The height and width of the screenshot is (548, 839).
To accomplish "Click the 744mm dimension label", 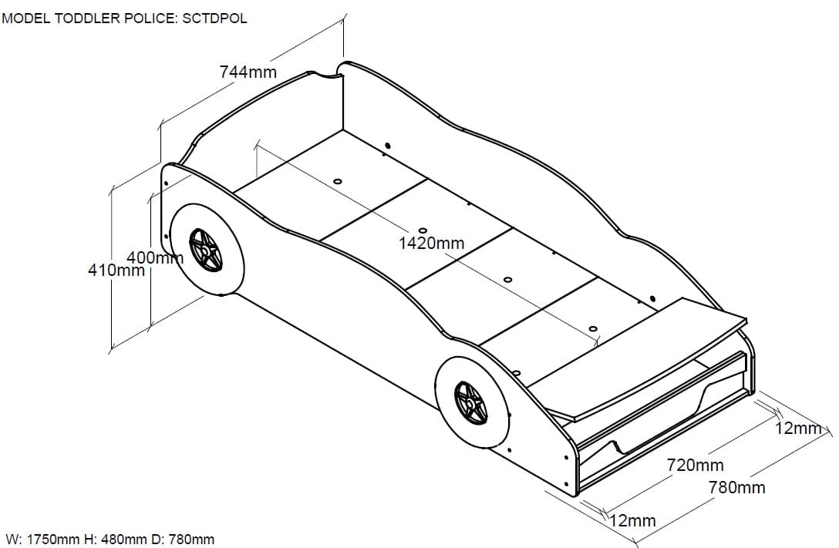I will [x=248, y=72].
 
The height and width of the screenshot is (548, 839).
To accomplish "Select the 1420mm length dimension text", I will [x=431, y=244].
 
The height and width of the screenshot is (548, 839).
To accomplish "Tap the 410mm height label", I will [x=116, y=271].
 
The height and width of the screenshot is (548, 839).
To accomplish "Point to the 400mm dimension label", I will [x=154, y=257].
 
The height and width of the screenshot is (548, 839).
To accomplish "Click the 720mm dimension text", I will [x=695, y=465].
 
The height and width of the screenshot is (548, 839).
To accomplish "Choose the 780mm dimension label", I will [x=736, y=487].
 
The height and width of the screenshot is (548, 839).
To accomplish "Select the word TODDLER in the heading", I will [x=87, y=18].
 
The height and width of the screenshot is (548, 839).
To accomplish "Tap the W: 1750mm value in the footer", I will [x=49, y=540].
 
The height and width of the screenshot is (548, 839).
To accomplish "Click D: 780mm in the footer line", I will [x=185, y=540].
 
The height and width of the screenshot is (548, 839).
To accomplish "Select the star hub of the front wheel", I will [x=470, y=402].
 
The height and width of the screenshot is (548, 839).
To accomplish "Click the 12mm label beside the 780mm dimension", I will [x=799, y=428].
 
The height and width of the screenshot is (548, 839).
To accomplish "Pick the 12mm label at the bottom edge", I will [x=632, y=521].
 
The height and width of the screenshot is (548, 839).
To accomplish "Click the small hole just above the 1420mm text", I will [x=423, y=230].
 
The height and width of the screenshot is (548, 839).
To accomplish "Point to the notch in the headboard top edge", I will [x=325, y=75].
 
